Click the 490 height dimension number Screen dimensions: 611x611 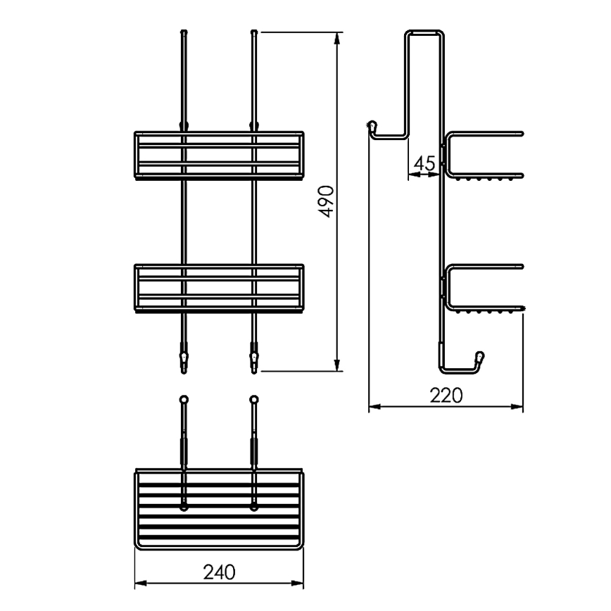pyautogui.click(x=326, y=201)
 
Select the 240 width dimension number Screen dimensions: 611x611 pyautogui.click(x=220, y=572)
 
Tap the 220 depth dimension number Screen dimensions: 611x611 pyautogui.click(x=447, y=396)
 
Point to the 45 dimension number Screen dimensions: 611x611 pyautogui.click(x=424, y=163)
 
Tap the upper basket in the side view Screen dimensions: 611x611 pyautogui.click(x=484, y=155)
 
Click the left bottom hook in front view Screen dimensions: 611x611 pyautogui.click(x=184, y=360)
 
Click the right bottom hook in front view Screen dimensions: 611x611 pyautogui.click(x=253, y=360)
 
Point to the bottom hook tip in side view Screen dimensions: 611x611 pyautogui.click(x=481, y=356)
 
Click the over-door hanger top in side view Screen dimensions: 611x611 pyautogui.click(x=425, y=32)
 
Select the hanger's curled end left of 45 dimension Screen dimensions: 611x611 pyautogui.click(x=371, y=126)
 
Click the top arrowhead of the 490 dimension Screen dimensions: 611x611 pyautogui.click(x=339, y=37)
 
